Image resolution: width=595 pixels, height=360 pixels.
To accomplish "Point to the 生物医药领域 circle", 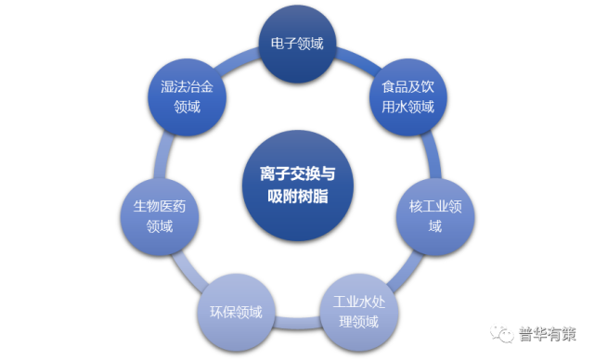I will pos(160,216).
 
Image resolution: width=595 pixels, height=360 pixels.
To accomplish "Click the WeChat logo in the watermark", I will pos(501,330).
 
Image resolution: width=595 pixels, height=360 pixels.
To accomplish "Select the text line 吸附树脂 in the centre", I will pos(297,197).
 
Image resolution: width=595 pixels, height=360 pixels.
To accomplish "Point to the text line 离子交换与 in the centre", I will pos(297,173).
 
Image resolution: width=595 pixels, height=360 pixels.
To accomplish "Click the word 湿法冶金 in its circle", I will pos(187,86).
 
